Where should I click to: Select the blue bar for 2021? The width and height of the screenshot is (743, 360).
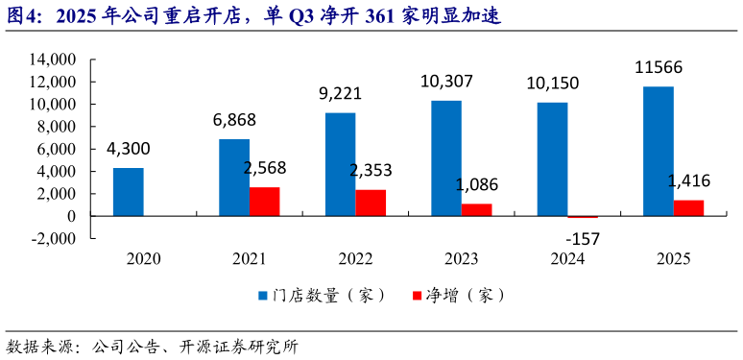tap(234, 178)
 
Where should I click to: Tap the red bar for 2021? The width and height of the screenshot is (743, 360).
tap(264, 202)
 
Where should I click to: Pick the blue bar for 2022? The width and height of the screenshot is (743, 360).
tap(341, 164)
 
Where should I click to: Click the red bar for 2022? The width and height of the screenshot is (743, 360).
tap(371, 203)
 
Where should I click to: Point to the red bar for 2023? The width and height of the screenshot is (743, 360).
tap(476, 209)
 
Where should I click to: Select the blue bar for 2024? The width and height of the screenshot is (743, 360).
tap(552, 159)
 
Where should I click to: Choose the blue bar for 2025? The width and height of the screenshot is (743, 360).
tap(659, 151)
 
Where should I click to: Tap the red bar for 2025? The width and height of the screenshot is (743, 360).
tap(688, 207)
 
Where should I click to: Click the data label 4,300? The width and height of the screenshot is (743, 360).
tap(129, 150)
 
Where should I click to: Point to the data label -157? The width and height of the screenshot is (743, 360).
tap(583, 237)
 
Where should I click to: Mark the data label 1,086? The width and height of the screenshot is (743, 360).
tap(477, 184)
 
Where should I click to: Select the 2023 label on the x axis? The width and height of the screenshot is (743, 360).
tap(461, 258)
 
